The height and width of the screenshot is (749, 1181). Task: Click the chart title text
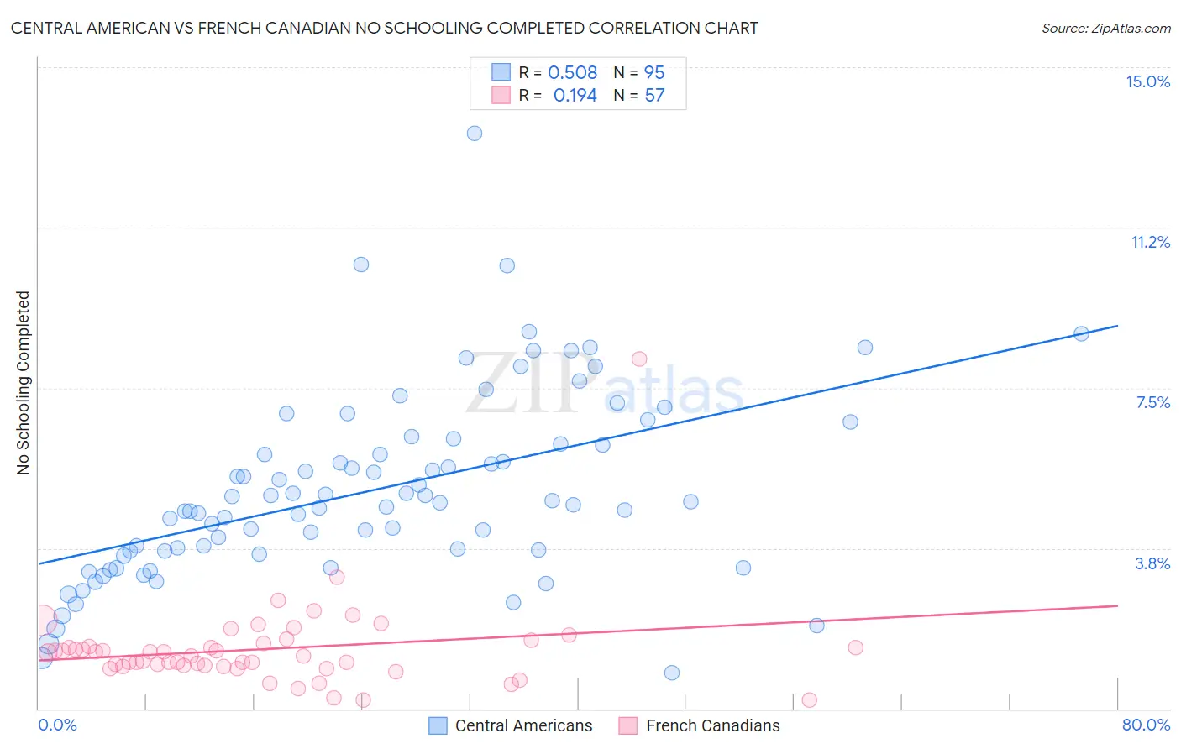click(x=385, y=28)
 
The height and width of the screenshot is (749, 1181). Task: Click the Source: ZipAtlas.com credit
click(x=1105, y=28)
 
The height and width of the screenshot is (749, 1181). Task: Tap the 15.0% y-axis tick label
click(x=1147, y=81)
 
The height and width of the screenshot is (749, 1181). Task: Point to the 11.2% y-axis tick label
click(x=1150, y=242)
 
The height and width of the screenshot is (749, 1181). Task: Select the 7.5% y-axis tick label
click(x=1152, y=402)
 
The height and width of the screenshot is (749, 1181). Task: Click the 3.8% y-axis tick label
click(x=1152, y=563)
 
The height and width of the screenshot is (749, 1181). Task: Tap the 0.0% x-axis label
click(x=57, y=725)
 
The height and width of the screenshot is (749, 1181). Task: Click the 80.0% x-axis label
click(x=1146, y=725)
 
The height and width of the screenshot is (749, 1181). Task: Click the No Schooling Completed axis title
click(x=24, y=383)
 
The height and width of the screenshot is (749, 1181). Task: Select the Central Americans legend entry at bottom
click(x=510, y=725)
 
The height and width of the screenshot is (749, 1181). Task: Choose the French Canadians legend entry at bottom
click(x=700, y=725)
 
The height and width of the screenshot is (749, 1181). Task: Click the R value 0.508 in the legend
click(x=572, y=72)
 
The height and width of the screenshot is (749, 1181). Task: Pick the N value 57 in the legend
click(x=654, y=95)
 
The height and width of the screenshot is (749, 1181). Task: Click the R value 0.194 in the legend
click(x=575, y=95)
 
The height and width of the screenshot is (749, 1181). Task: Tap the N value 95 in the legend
click(x=654, y=72)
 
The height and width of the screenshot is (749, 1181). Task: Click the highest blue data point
click(x=475, y=133)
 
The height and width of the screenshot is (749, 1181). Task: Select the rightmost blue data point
click(x=1081, y=333)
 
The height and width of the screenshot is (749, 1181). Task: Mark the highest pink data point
click(x=639, y=359)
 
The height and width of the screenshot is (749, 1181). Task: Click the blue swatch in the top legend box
click(x=501, y=72)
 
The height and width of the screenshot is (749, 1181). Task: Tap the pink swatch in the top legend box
click(x=501, y=95)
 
